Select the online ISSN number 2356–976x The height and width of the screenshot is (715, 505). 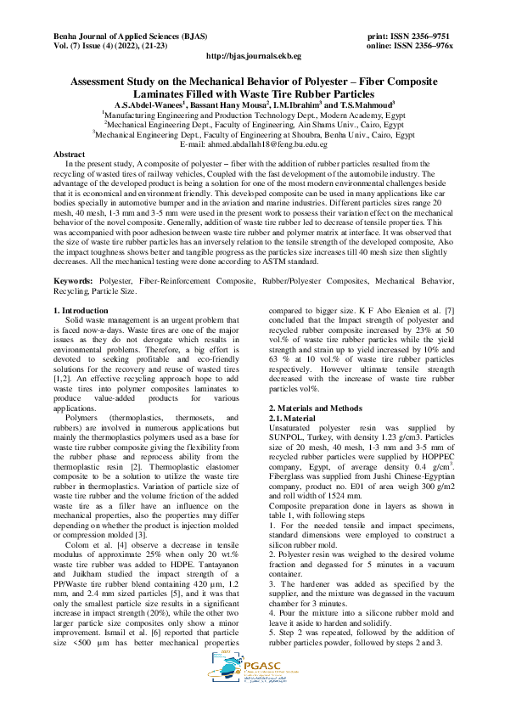pos(430,46)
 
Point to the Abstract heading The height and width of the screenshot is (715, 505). pos(69,154)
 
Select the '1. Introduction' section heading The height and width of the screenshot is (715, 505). pos(81,288)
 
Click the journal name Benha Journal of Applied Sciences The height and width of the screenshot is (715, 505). pos(119,37)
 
